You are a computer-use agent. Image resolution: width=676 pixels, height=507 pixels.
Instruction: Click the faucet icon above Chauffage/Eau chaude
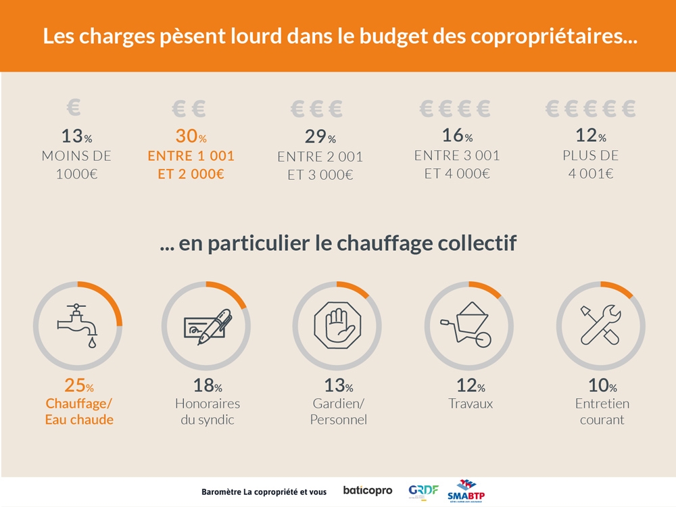(x=77, y=325)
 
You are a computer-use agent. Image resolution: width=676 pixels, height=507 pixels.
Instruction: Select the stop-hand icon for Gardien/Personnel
(x=337, y=326)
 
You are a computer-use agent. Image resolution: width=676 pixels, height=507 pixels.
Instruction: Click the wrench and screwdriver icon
(x=600, y=325)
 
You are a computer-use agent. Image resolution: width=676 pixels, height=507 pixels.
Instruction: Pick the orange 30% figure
(x=191, y=137)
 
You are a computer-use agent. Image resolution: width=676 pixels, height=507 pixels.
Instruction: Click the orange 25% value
(x=78, y=386)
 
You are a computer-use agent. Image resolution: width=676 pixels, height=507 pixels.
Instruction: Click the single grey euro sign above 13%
(x=74, y=107)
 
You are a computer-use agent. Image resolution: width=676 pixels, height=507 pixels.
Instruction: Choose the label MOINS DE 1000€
(x=76, y=164)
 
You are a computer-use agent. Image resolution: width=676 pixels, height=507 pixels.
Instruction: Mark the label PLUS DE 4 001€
(x=590, y=164)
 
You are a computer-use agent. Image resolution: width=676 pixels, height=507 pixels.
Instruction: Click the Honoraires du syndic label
(x=208, y=411)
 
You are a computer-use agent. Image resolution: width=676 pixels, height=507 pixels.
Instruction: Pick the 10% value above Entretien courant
(x=602, y=387)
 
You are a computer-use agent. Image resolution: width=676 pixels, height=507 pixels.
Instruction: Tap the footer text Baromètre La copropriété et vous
(x=264, y=491)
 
